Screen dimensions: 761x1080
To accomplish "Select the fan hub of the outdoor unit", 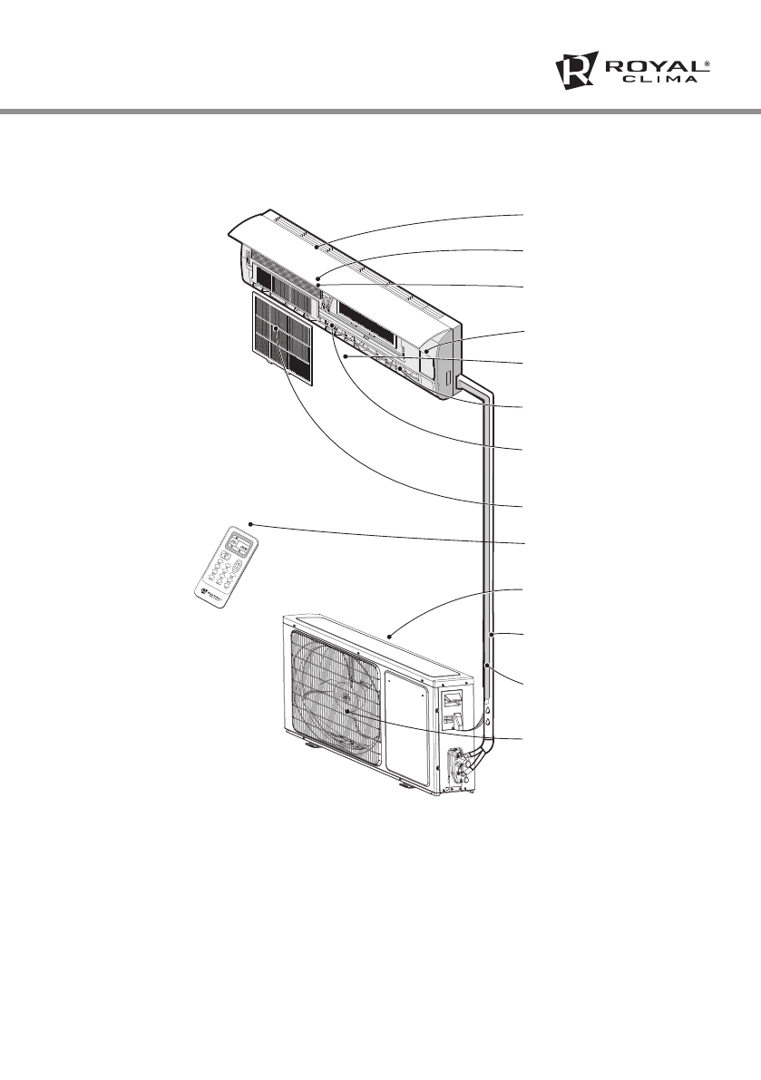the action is point(348,712).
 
